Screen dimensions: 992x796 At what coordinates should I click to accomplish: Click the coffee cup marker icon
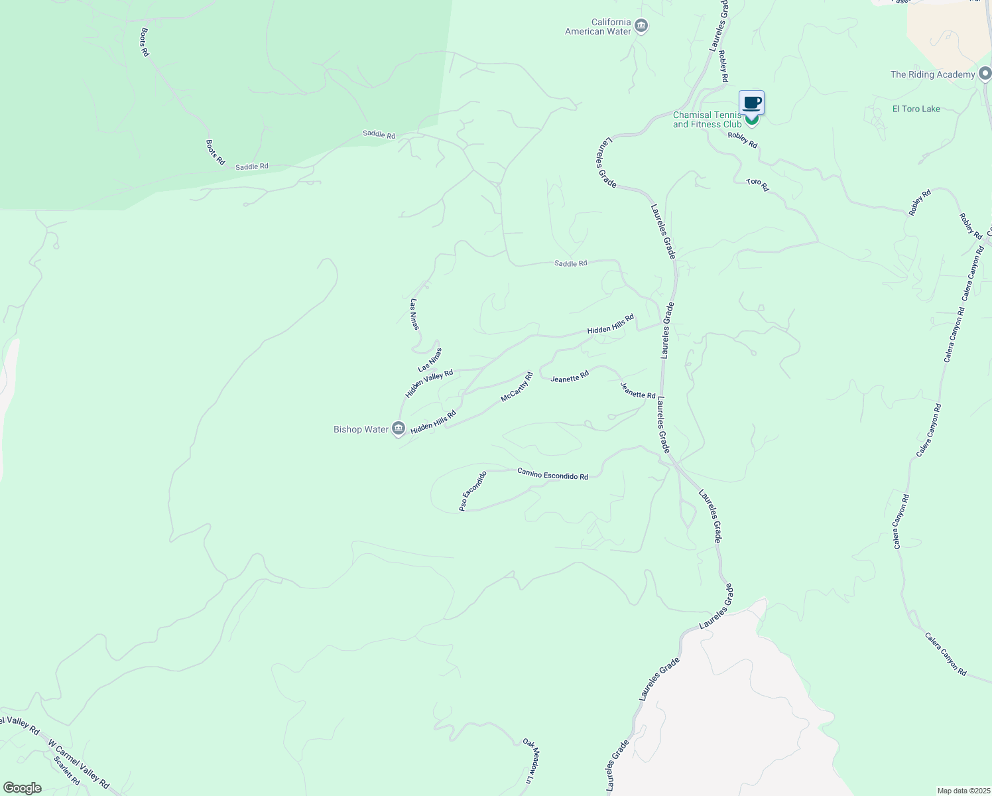pyautogui.click(x=751, y=103)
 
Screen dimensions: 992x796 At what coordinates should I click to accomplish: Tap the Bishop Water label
pyautogui.click(x=361, y=429)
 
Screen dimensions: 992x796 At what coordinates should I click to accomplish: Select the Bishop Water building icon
pyautogui.click(x=399, y=429)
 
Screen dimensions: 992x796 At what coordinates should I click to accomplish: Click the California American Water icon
pyautogui.click(x=641, y=27)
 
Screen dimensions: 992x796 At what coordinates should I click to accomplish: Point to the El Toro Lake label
pyautogui.click(x=916, y=109)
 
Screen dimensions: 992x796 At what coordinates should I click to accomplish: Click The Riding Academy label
pyautogui.click(x=932, y=74)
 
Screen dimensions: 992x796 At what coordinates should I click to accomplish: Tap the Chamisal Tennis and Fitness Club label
pyautogui.click(x=707, y=120)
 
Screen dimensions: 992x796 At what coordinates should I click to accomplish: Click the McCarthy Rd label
pyautogui.click(x=517, y=387)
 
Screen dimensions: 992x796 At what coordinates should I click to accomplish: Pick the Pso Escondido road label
pyautogui.click(x=473, y=491)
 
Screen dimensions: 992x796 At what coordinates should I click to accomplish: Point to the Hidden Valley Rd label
pyautogui.click(x=429, y=383)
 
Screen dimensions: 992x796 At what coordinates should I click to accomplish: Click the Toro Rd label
pyautogui.click(x=757, y=185)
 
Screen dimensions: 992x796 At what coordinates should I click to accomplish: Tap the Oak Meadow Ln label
pyautogui.click(x=528, y=760)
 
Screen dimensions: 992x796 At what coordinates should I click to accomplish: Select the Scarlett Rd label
pyautogui.click(x=67, y=771)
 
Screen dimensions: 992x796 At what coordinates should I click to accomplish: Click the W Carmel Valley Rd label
pyautogui.click(x=79, y=763)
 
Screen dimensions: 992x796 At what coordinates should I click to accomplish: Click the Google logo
pyautogui.click(x=23, y=788)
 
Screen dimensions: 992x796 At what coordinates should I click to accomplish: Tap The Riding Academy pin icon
pyautogui.click(x=985, y=73)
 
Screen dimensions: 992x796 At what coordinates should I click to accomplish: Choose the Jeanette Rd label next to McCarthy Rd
pyautogui.click(x=570, y=376)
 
